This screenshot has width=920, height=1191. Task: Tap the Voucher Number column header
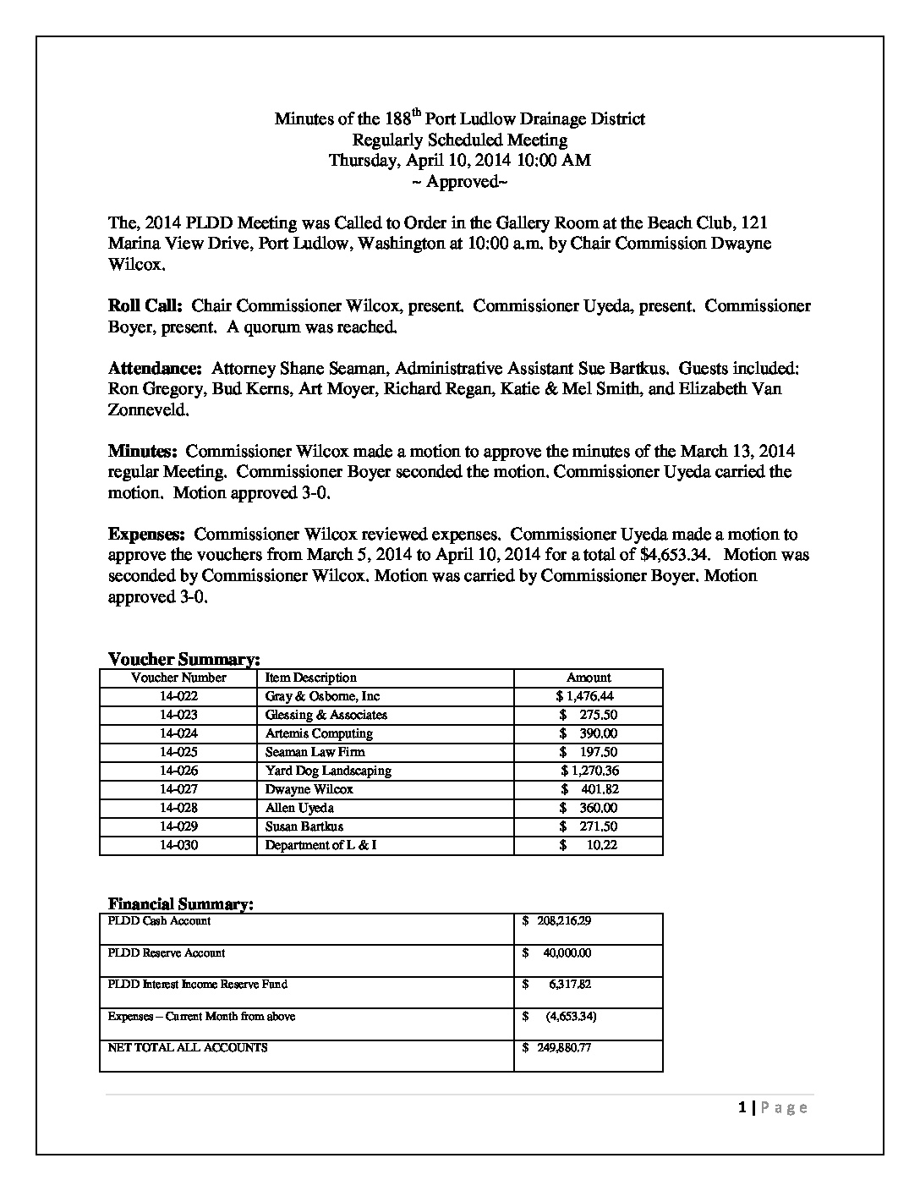[x=178, y=678]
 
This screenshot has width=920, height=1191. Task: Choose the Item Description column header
[x=310, y=678]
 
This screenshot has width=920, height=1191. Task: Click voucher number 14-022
[x=178, y=696]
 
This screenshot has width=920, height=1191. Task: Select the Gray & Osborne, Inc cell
[x=322, y=696]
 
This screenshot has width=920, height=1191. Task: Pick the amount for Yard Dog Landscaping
[x=589, y=771]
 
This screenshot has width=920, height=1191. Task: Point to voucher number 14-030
[x=178, y=845]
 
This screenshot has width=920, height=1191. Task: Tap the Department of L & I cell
[x=320, y=845]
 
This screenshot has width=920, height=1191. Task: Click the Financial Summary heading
[x=180, y=904]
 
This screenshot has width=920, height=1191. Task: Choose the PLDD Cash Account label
[x=159, y=920]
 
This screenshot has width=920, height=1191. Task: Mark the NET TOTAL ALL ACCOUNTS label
[x=188, y=1047]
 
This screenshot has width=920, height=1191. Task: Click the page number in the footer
[x=742, y=1107]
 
